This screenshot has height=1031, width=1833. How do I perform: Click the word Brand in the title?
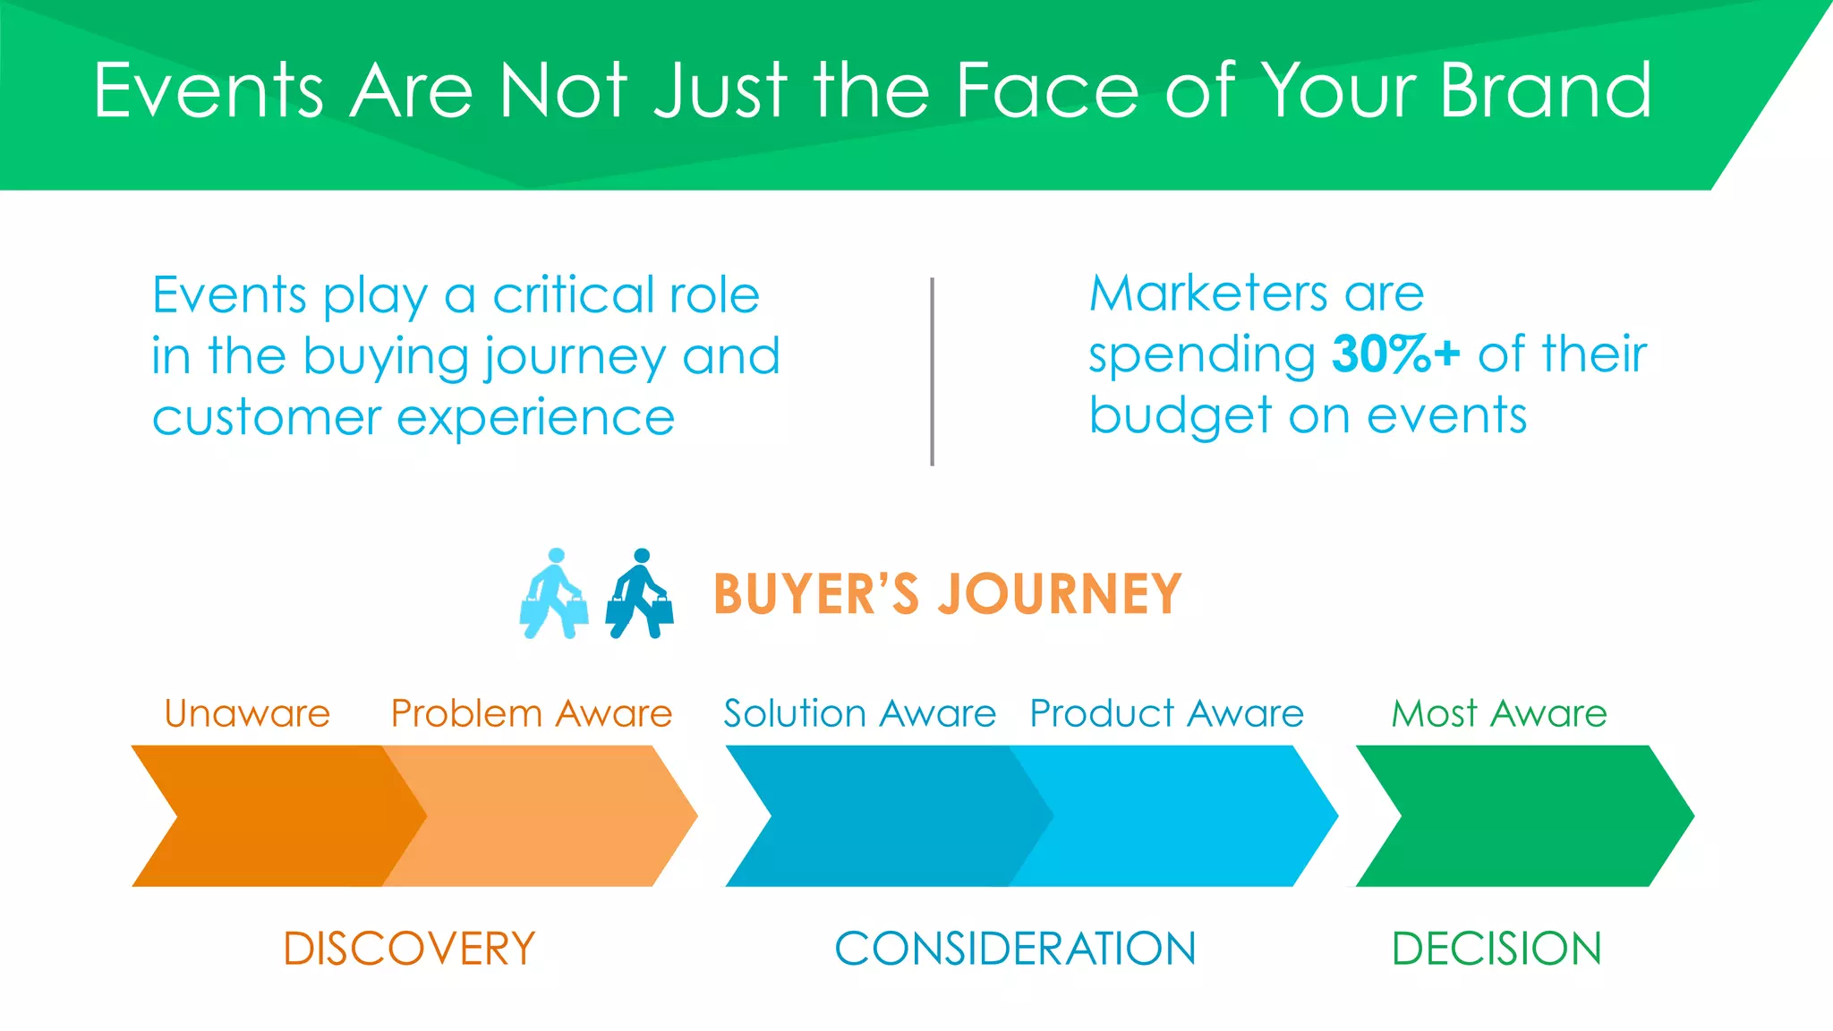tap(1546, 91)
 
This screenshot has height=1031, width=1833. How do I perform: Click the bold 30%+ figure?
tap(1395, 354)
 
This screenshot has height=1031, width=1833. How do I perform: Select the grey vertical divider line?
tap(932, 371)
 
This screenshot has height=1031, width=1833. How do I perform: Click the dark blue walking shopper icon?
tap(640, 594)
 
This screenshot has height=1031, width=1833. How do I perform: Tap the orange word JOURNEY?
tap(1060, 594)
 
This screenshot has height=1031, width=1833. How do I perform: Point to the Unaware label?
tap(247, 714)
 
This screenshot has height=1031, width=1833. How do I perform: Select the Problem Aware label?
tap(532, 714)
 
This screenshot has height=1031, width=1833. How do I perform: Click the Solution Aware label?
tap(859, 714)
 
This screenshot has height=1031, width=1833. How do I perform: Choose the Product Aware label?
tap(1166, 714)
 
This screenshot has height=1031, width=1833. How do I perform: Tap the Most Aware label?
tap(1499, 714)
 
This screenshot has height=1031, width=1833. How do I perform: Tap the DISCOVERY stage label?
tap(409, 949)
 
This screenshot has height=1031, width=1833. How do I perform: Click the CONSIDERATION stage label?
tap(1015, 949)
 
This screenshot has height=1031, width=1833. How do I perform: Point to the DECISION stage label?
tap(1496, 949)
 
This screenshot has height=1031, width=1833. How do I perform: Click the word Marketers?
tap(1208, 294)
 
